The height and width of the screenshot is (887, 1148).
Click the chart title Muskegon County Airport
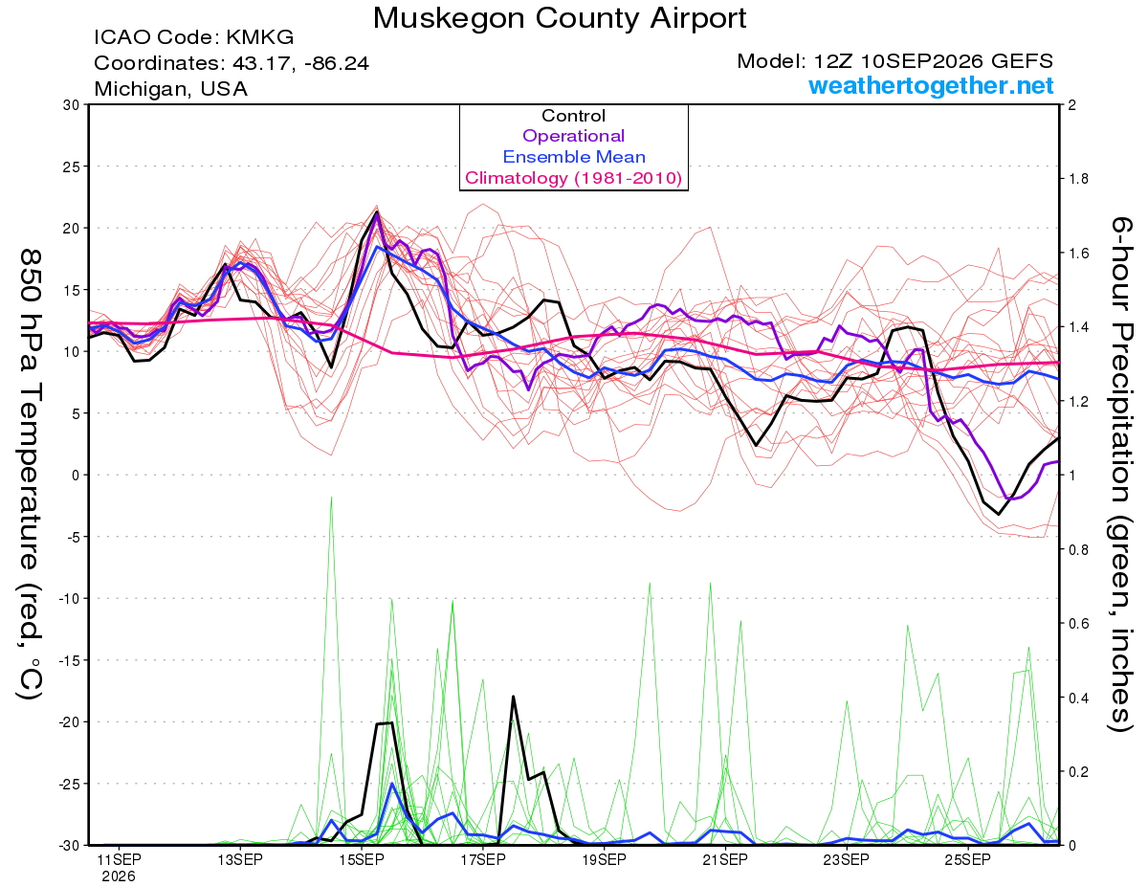click(559, 18)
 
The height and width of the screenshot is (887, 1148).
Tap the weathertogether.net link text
click(930, 85)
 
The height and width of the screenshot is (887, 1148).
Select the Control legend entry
click(573, 116)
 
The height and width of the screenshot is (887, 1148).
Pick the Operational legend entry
click(573, 136)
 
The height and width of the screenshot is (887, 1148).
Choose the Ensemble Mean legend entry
click(574, 157)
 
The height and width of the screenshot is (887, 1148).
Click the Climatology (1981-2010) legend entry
click(573, 178)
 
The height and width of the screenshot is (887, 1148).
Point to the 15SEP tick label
click(362, 860)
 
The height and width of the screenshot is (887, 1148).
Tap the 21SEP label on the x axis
click(725, 860)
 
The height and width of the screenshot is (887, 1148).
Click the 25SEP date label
click(968, 860)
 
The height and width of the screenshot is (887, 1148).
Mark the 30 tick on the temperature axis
click(71, 105)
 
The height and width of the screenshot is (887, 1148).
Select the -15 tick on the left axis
click(68, 660)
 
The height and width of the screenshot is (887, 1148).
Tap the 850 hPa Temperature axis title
click(30, 475)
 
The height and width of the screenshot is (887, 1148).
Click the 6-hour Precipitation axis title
click(1120, 475)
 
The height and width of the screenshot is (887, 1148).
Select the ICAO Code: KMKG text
click(194, 37)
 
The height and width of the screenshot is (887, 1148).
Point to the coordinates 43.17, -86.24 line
click(232, 63)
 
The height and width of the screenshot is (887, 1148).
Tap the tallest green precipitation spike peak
click(331, 498)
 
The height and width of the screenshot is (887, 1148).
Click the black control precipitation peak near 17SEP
click(513, 697)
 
